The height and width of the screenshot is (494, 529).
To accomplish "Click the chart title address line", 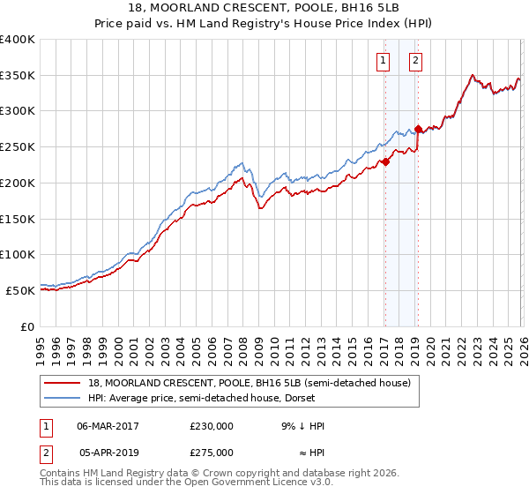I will [264, 10].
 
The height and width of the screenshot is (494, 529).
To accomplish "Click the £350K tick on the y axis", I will [18, 76].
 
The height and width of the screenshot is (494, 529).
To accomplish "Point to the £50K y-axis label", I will [20, 290].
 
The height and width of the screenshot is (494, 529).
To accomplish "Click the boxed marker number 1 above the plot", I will [384, 61].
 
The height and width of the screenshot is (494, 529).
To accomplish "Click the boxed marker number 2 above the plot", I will [415, 61].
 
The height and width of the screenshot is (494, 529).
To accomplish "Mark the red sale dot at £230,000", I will [385, 161].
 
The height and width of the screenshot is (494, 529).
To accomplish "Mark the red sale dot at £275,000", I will [418, 130].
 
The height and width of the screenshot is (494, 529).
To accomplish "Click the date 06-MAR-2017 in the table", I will [108, 426].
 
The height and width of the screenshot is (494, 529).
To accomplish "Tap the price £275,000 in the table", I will [212, 453].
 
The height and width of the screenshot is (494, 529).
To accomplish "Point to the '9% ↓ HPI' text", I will [302, 426].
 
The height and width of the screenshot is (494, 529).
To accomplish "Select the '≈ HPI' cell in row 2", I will [308, 453].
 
